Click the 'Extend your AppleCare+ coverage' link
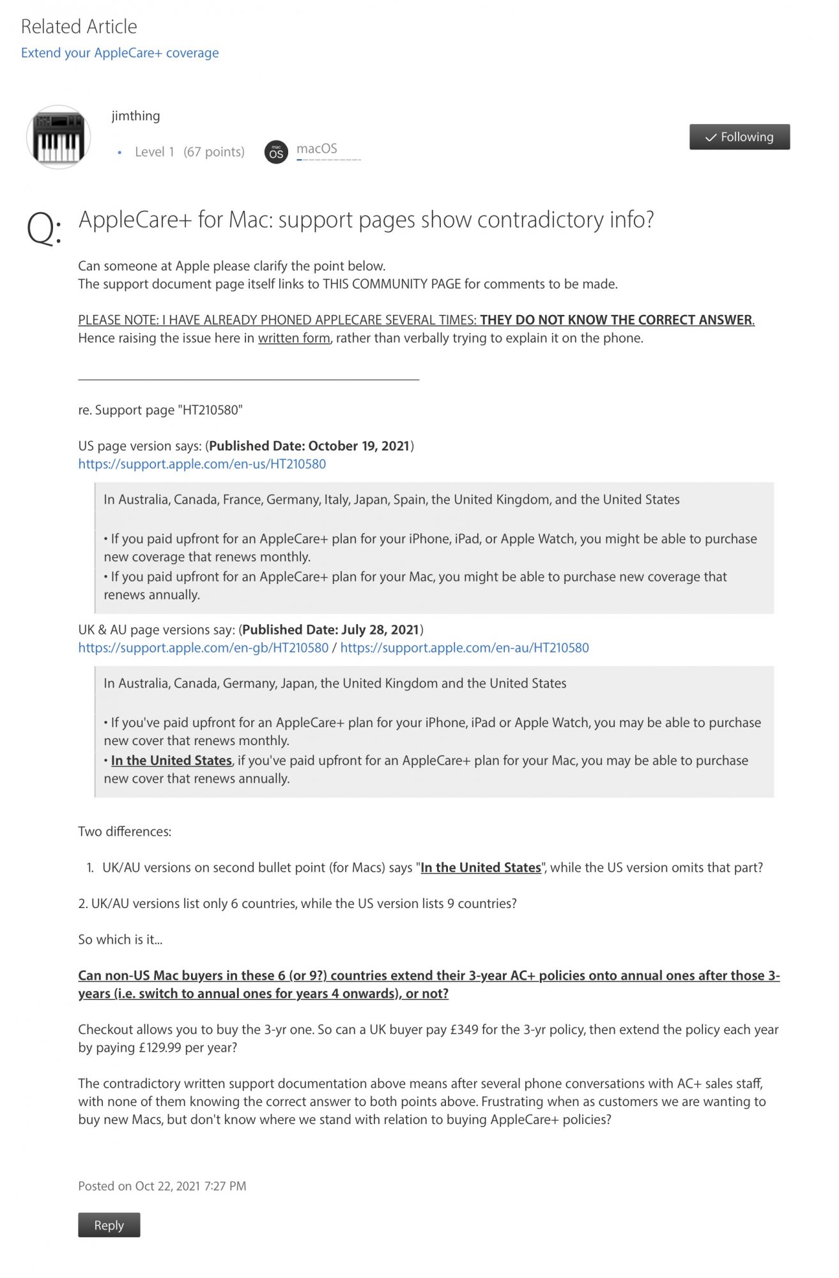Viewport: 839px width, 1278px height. click(119, 53)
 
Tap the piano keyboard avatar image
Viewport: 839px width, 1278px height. click(58, 137)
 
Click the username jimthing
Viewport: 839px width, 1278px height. click(135, 116)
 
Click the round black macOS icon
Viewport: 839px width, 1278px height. click(276, 152)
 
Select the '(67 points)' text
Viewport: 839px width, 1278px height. click(214, 152)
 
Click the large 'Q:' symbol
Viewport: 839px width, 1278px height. click(43, 227)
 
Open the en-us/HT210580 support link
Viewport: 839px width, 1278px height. click(202, 464)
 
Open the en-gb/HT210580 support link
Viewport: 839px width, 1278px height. click(203, 648)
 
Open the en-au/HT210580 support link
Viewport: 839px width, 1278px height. click(465, 648)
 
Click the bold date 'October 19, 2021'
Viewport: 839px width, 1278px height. click(358, 446)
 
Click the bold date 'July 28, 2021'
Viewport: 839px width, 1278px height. click(380, 630)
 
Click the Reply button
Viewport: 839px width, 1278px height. click(109, 1225)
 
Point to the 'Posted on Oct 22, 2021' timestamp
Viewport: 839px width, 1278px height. click(162, 1186)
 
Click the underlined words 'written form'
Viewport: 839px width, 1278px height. click(294, 338)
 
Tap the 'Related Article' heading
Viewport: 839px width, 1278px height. click(79, 27)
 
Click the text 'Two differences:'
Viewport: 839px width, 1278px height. click(125, 831)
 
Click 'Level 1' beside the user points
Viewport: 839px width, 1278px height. click(154, 152)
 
